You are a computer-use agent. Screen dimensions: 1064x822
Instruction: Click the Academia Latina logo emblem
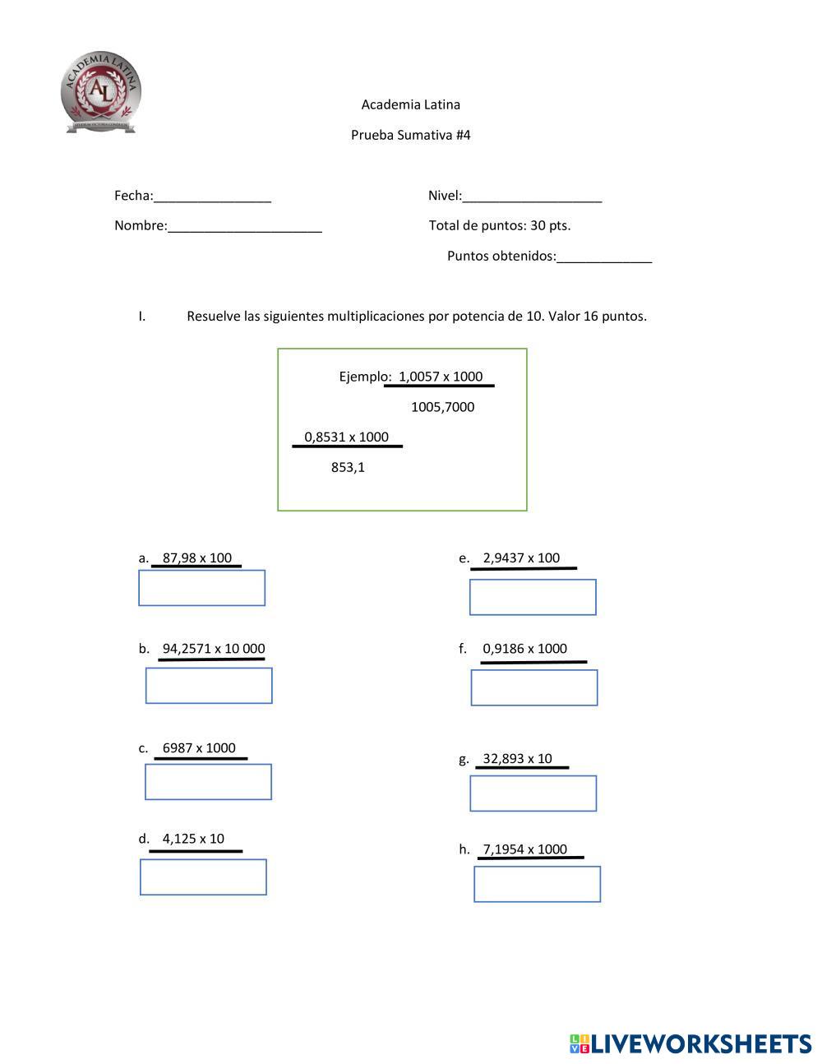pos(101,91)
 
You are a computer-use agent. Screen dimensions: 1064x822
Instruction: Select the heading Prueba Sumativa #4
pos(410,135)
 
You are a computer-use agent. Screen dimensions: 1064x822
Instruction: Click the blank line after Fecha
pos(212,197)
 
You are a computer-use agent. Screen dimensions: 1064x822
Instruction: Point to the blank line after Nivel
pos(532,197)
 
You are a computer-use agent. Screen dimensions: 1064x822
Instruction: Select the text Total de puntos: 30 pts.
pos(499,225)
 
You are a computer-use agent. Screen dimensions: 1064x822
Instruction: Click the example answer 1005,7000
pos(442,407)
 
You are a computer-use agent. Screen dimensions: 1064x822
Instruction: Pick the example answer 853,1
pos(348,467)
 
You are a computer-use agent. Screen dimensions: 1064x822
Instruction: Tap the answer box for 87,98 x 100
pos(201,588)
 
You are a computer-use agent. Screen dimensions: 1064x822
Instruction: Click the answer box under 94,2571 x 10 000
pos(209,686)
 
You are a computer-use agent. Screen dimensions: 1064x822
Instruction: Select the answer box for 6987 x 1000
pos(208,782)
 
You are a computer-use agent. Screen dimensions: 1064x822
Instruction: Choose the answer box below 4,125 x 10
pos(203,877)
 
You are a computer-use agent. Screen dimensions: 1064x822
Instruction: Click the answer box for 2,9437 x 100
pos(533,597)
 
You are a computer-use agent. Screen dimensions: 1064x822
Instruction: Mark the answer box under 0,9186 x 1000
pos(534,687)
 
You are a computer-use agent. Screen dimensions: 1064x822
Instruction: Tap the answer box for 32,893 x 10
pos(533,793)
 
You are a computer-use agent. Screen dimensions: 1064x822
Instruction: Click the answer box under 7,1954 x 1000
pos(537,884)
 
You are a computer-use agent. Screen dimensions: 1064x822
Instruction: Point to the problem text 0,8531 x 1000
pos(346,437)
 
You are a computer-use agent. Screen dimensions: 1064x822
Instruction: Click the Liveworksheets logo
pos(690,1043)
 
